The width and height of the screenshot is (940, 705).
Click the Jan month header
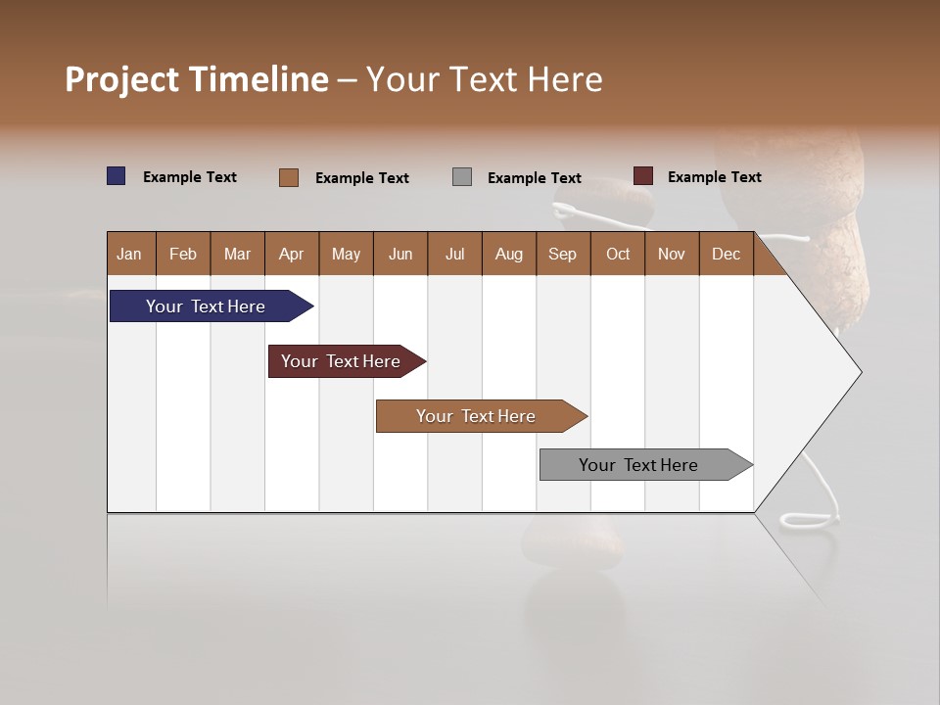[x=129, y=254]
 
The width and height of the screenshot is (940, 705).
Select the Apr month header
[x=291, y=254]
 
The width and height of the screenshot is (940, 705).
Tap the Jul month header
[x=454, y=254]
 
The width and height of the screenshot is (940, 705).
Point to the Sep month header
[x=562, y=254]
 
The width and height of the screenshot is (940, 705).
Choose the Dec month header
[x=726, y=254]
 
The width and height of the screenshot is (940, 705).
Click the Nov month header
[x=671, y=254]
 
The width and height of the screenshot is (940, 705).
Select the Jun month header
[x=399, y=254]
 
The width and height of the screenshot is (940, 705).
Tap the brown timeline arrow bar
[x=477, y=416]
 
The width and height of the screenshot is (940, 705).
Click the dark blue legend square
[x=117, y=176]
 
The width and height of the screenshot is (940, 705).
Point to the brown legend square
[x=289, y=177]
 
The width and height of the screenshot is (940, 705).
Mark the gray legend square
[x=462, y=177]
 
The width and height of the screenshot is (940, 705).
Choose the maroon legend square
[x=643, y=176]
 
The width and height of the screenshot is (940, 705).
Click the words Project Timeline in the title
[x=196, y=79]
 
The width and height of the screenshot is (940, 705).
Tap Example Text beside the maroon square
[x=714, y=177]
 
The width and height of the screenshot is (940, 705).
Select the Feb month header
[x=183, y=254]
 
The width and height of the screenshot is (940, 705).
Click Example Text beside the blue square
[x=189, y=177]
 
